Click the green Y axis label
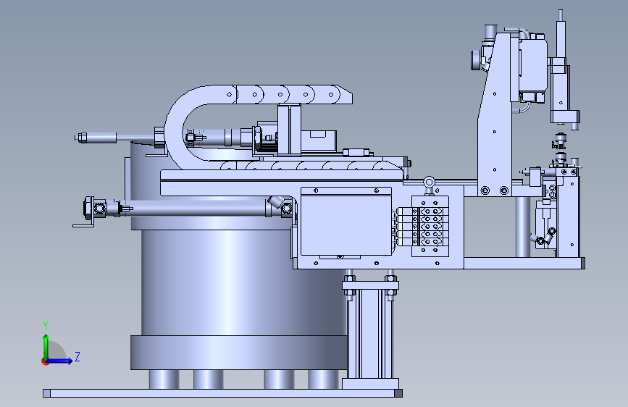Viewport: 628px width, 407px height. tap(46, 325)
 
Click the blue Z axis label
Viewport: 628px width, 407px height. tap(78, 356)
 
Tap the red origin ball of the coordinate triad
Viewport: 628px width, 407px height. tap(45, 361)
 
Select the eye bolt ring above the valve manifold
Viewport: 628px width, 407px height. tap(429, 182)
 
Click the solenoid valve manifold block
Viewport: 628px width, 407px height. tap(430, 227)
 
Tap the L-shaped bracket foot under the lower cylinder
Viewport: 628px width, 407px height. tap(83, 225)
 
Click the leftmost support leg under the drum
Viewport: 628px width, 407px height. tap(164, 379)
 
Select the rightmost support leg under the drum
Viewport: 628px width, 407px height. tap(324, 379)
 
